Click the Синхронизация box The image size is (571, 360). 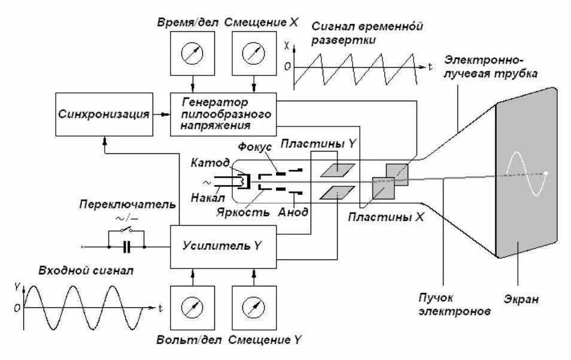tap(104, 114)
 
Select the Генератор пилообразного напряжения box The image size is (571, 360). tap(224, 113)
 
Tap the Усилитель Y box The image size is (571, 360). tap(224, 246)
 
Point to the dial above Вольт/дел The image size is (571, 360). tap(192, 308)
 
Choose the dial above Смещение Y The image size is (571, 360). tap(254, 308)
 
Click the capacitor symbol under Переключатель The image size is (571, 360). tap(126, 246)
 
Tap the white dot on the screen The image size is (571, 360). tap(545, 174)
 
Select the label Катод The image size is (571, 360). tap(209, 163)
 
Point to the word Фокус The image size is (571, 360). tap(256, 147)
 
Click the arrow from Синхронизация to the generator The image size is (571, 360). tap(161, 114)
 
